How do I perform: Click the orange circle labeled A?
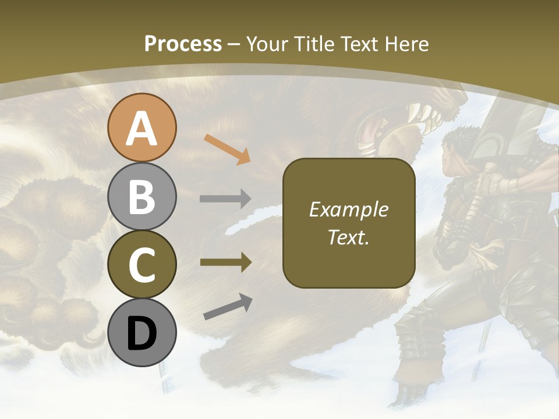(141, 127)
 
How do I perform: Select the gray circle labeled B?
(141, 196)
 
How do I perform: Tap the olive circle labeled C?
(141, 264)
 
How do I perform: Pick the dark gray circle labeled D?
(141, 332)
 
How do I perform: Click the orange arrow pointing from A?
(227, 149)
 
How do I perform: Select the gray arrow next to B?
(225, 199)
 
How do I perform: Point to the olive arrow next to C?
(225, 262)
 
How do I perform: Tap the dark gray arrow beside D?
(228, 307)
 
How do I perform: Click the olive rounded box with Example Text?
(349, 223)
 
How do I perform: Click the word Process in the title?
(183, 44)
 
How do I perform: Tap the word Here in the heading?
(407, 44)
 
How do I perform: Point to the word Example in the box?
(348, 210)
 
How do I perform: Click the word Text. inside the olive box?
(348, 237)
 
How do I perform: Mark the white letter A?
(141, 129)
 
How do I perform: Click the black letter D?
(141, 333)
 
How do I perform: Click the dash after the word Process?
(234, 44)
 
